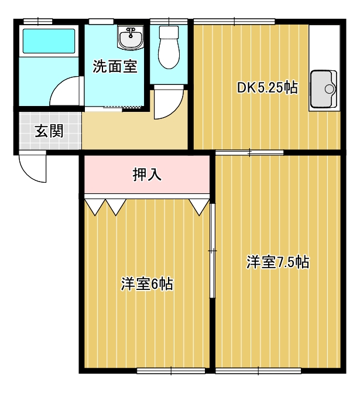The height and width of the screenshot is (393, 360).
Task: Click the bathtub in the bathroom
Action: tap(49, 41)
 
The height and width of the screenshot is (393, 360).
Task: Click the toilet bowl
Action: tap(169, 47)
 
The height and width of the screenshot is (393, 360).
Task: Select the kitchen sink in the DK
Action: tap(324, 89)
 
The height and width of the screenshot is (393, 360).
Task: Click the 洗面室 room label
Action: tap(115, 66)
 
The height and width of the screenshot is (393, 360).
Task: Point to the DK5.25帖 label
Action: tap(268, 88)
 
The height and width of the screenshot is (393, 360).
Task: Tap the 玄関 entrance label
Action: tap(49, 131)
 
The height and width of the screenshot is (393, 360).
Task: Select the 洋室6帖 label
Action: tap(147, 284)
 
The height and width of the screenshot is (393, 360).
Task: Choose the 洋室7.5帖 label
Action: tap(278, 262)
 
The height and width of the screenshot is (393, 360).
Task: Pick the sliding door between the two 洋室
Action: tap(212, 251)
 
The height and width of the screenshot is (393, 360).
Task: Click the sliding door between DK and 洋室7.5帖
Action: tap(249, 152)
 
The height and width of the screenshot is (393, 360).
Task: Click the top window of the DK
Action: tap(234, 21)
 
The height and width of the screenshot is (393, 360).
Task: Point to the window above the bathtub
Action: tap(38, 21)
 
